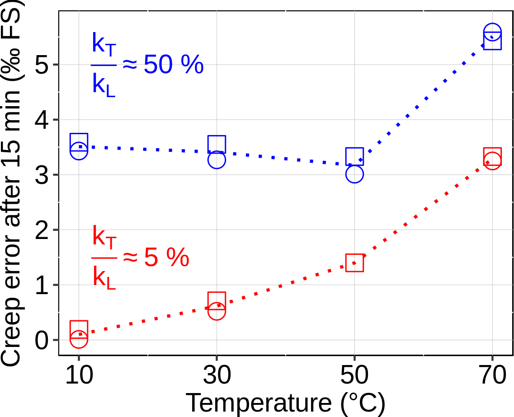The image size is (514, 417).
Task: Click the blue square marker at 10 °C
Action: pos(79,143)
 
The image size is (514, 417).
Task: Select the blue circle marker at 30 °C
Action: pos(217,159)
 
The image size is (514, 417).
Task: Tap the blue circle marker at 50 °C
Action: pos(355,174)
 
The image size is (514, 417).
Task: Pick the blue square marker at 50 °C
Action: pos(355,156)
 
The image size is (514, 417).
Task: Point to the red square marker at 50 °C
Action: pos(355,262)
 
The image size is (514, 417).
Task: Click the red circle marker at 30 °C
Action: pos(217,311)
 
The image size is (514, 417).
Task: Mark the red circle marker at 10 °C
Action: pos(79,338)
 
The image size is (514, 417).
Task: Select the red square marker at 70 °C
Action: pos(492,156)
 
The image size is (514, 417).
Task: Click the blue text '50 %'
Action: pos(174,66)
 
